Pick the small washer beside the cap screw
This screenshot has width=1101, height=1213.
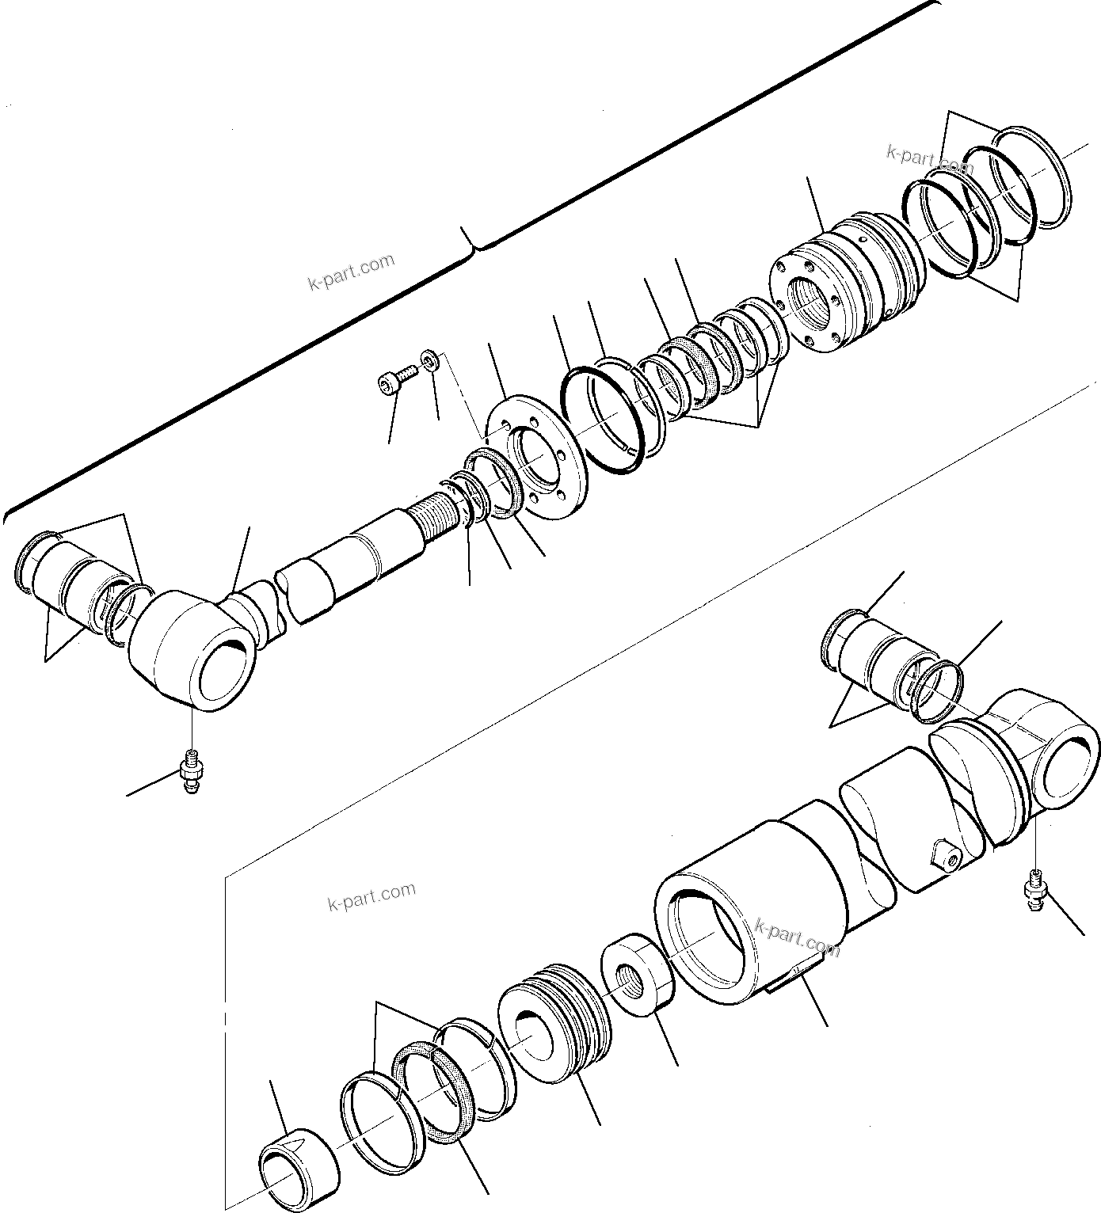coord(429,361)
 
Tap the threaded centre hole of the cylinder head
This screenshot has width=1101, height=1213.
coord(813,305)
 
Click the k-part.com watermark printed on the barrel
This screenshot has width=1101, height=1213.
coord(797,937)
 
